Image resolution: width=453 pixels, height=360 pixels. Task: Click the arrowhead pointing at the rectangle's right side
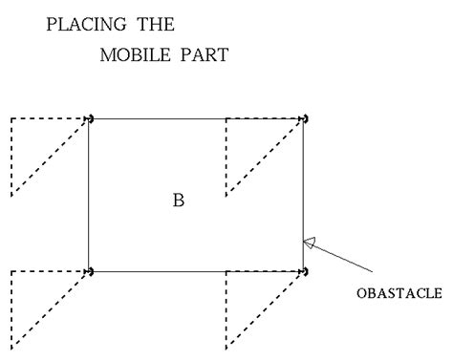coord(310,243)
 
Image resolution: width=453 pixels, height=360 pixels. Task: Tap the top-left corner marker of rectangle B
coord(89,118)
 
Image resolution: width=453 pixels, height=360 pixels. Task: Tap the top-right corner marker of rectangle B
coord(305,118)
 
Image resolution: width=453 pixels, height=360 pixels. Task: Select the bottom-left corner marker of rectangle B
coord(89,271)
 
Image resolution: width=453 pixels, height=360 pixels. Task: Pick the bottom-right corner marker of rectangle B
coord(305,272)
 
